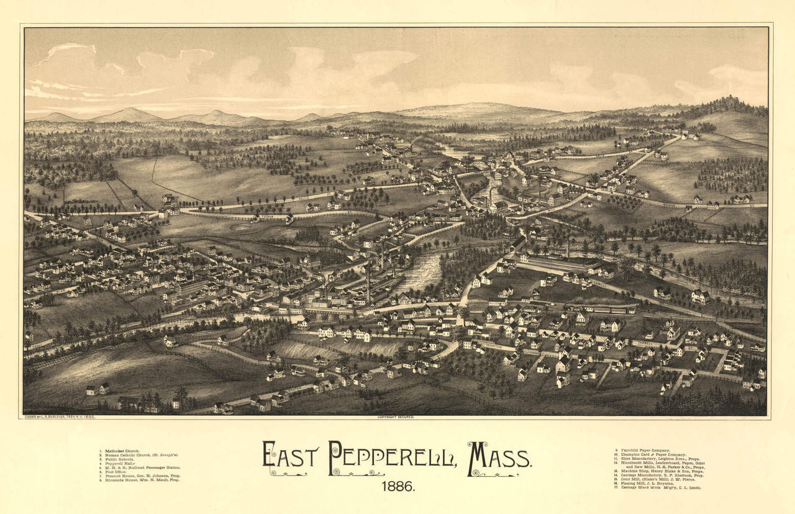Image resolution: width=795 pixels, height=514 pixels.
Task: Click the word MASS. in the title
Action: (x=500, y=457)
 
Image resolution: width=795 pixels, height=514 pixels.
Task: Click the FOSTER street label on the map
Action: (x=266, y=217)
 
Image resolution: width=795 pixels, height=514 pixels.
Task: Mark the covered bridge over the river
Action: (x=517, y=244)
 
